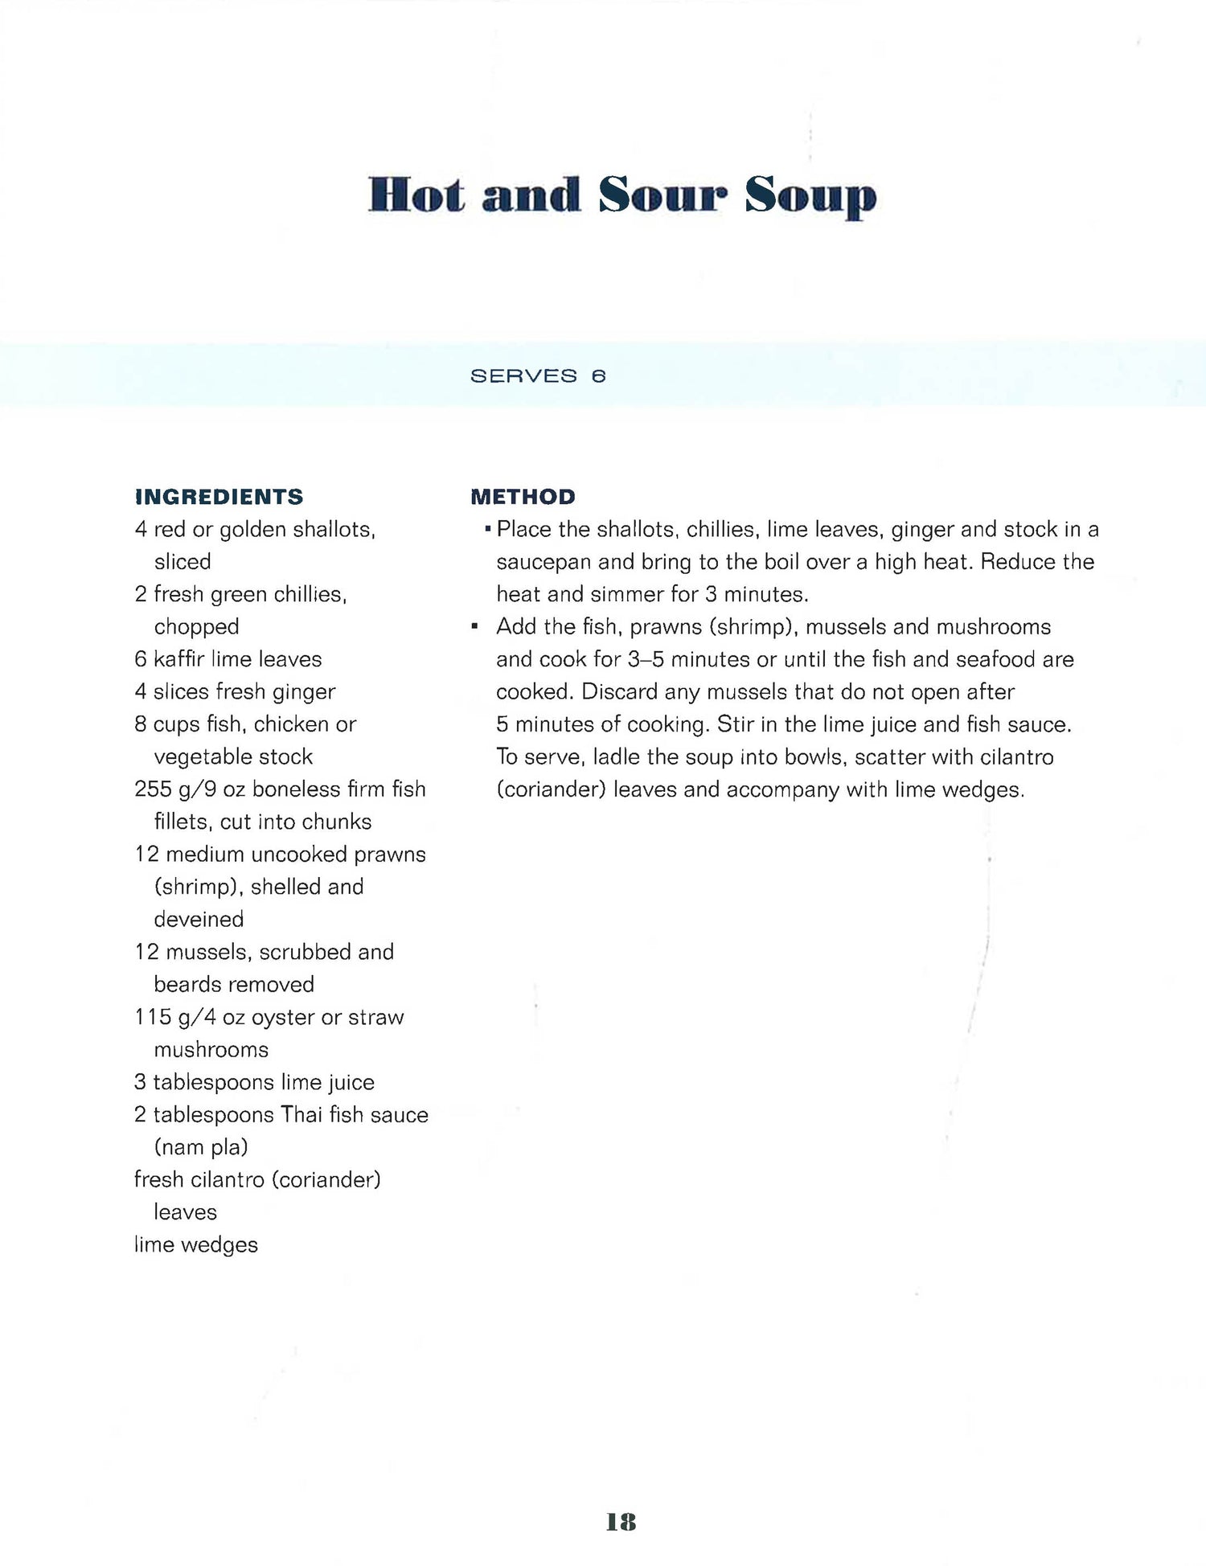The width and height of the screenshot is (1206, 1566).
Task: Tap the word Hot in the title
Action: pos(416,195)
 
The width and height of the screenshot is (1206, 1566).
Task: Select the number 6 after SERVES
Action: pos(598,376)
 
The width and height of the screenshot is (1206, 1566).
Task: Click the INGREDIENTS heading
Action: pos(219,497)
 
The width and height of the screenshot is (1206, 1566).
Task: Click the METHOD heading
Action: pos(523,497)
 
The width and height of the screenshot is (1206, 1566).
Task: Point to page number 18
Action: pos(621,1522)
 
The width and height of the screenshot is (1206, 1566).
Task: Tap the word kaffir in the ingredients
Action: pos(179,659)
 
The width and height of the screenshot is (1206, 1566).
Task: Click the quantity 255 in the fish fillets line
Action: pos(153,789)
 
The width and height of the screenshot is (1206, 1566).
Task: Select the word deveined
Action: pos(199,919)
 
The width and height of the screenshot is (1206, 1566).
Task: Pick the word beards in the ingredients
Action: pos(183,984)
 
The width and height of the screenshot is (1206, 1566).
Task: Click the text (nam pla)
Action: pos(201,1147)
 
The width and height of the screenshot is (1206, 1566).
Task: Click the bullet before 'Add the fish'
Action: pos(475,626)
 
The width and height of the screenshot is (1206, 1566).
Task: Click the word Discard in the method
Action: pos(619,692)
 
